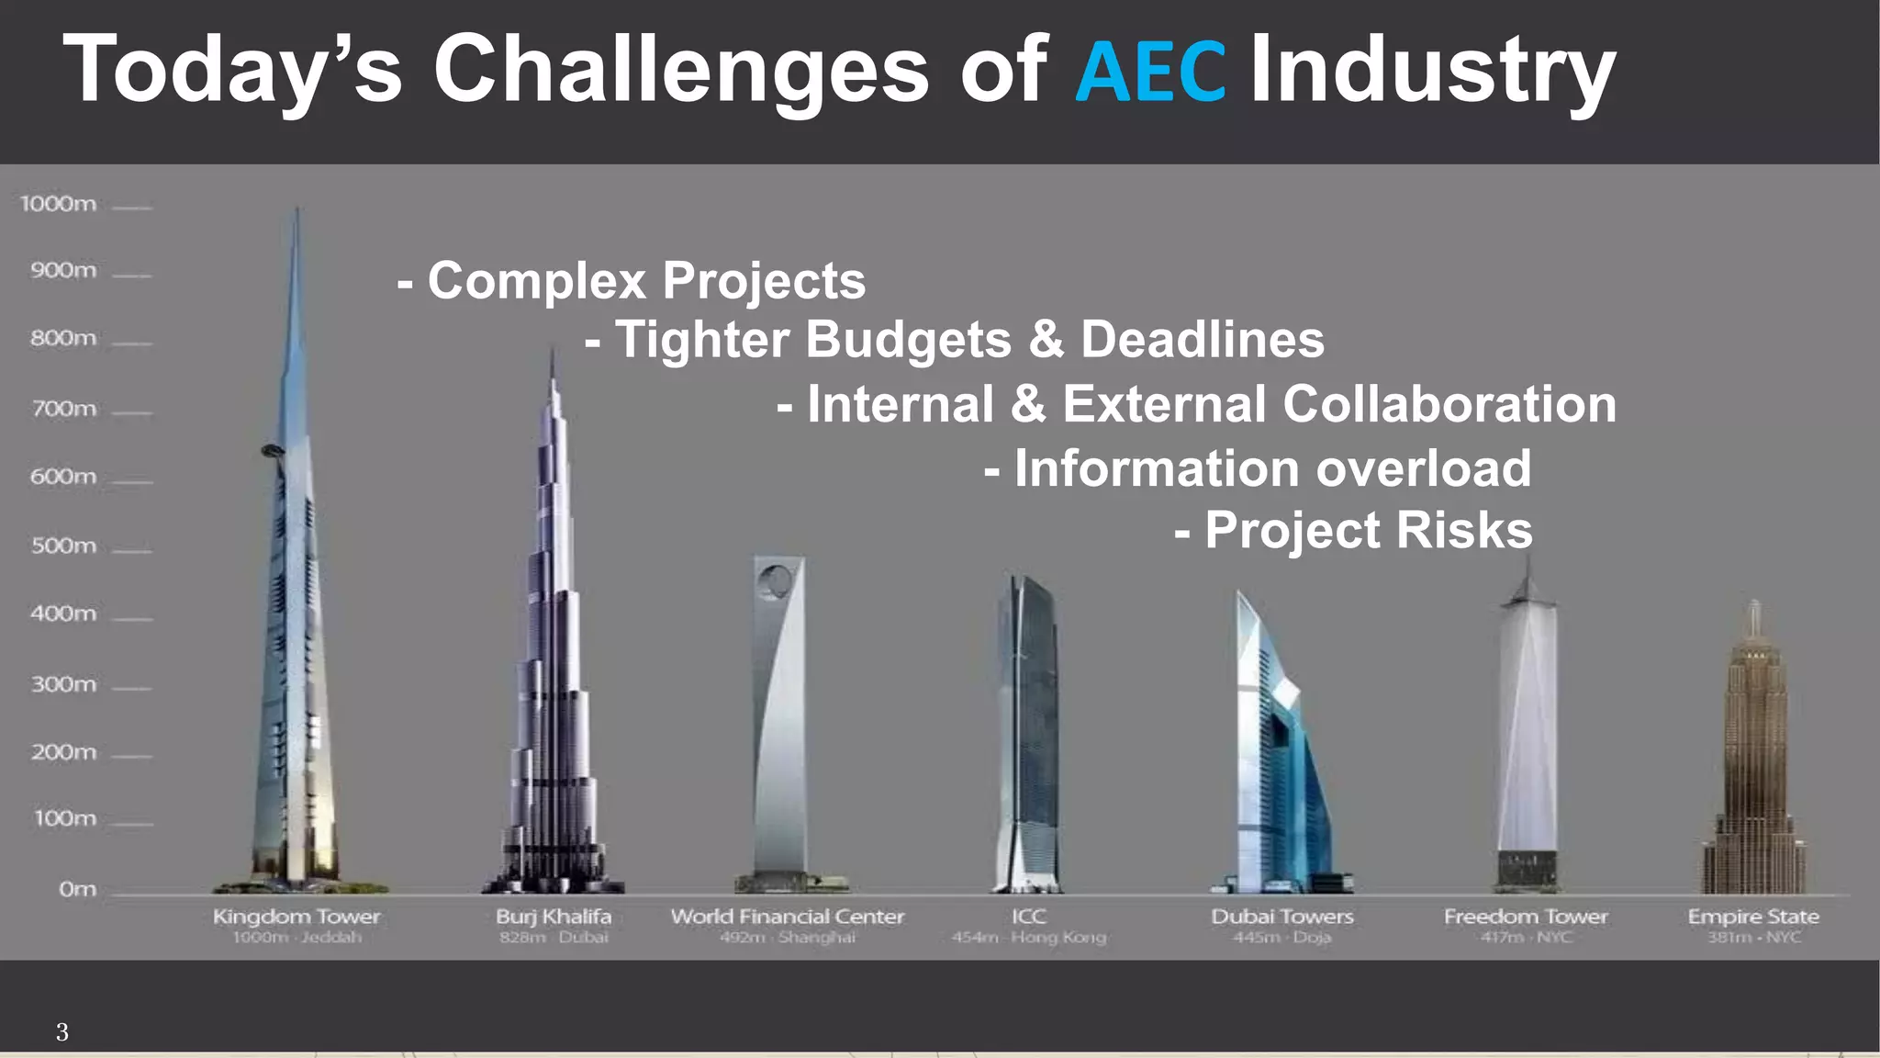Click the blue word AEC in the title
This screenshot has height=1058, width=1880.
click(1149, 72)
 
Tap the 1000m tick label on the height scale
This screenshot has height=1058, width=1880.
click(59, 204)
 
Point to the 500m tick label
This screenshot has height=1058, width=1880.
click(63, 546)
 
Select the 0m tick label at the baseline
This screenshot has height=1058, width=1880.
click(77, 889)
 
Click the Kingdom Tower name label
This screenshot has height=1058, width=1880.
click(297, 917)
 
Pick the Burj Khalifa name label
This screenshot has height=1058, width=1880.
click(554, 917)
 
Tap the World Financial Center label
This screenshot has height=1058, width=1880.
click(788, 917)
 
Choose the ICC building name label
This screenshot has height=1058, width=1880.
click(1028, 917)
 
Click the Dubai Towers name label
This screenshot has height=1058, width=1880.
click(1282, 917)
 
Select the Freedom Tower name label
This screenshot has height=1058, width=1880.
click(1526, 917)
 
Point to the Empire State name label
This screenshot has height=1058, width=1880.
click(1753, 917)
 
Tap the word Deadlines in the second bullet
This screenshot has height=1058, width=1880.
click(1203, 340)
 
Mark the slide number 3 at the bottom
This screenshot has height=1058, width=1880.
click(62, 1032)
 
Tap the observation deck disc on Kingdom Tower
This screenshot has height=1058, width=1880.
click(273, 449)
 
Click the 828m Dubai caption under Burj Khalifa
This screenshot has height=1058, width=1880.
click(554, 938)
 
